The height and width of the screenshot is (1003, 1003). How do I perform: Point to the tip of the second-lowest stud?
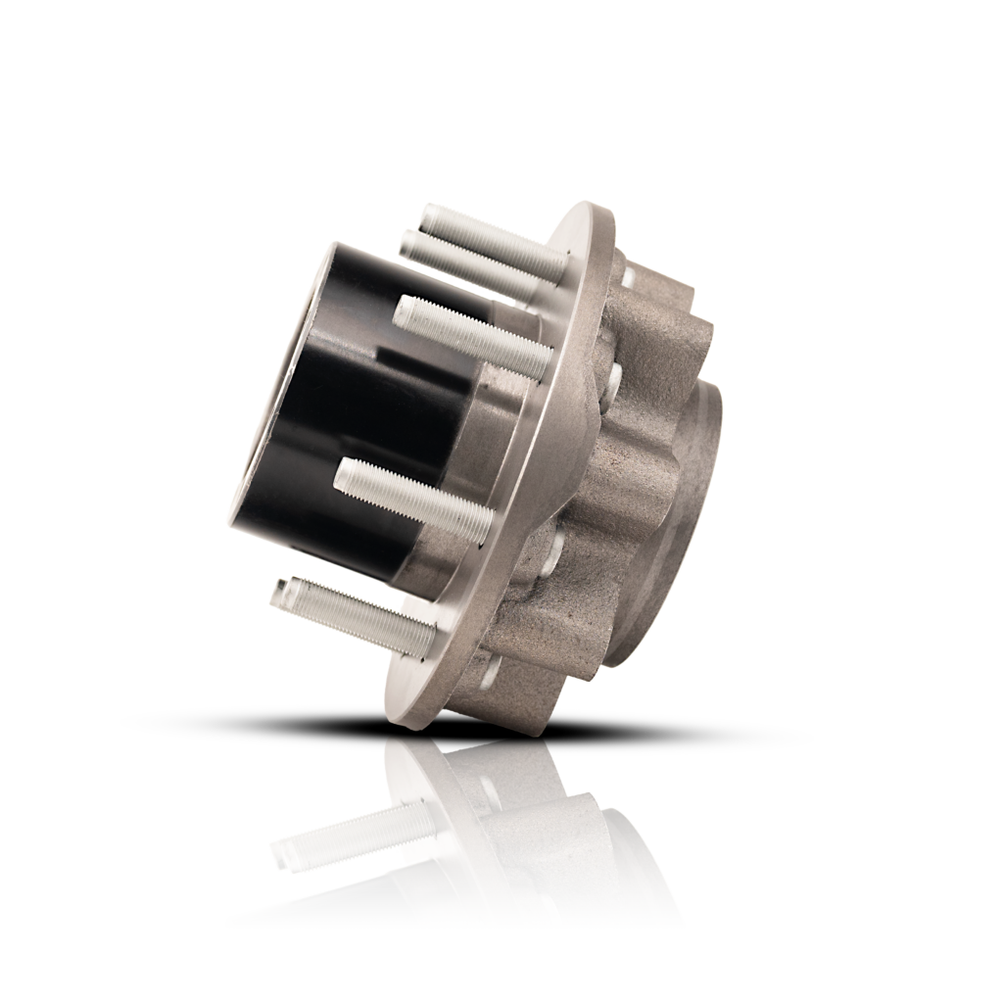coord(344,474)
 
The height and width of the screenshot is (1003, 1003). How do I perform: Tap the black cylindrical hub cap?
coord(343,421)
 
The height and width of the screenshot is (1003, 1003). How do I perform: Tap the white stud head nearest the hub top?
coord(627,279)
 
